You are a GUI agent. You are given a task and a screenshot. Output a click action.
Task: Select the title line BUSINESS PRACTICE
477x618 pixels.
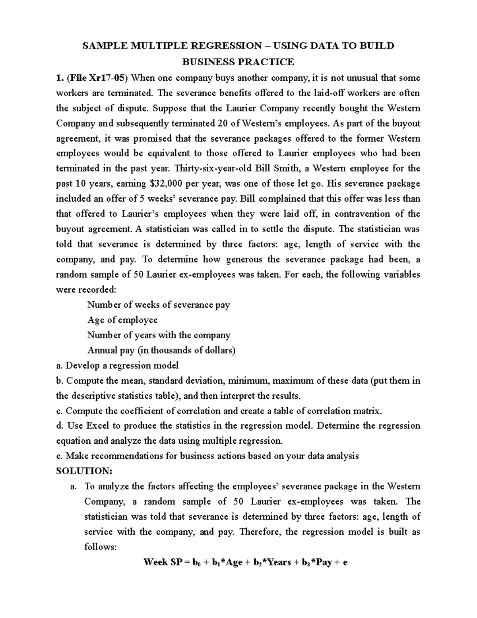pos(238,62)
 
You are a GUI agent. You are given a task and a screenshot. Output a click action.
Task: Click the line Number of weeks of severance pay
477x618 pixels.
pos(159,305)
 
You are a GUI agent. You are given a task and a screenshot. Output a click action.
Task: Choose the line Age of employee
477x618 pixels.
pos(122,320)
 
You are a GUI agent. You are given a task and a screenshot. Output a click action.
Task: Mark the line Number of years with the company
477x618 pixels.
pos(159,335)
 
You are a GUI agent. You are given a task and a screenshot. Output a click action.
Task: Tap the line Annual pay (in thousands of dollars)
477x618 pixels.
pos(161,350)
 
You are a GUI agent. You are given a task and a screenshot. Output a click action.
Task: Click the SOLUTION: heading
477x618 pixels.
pos(84,471)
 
